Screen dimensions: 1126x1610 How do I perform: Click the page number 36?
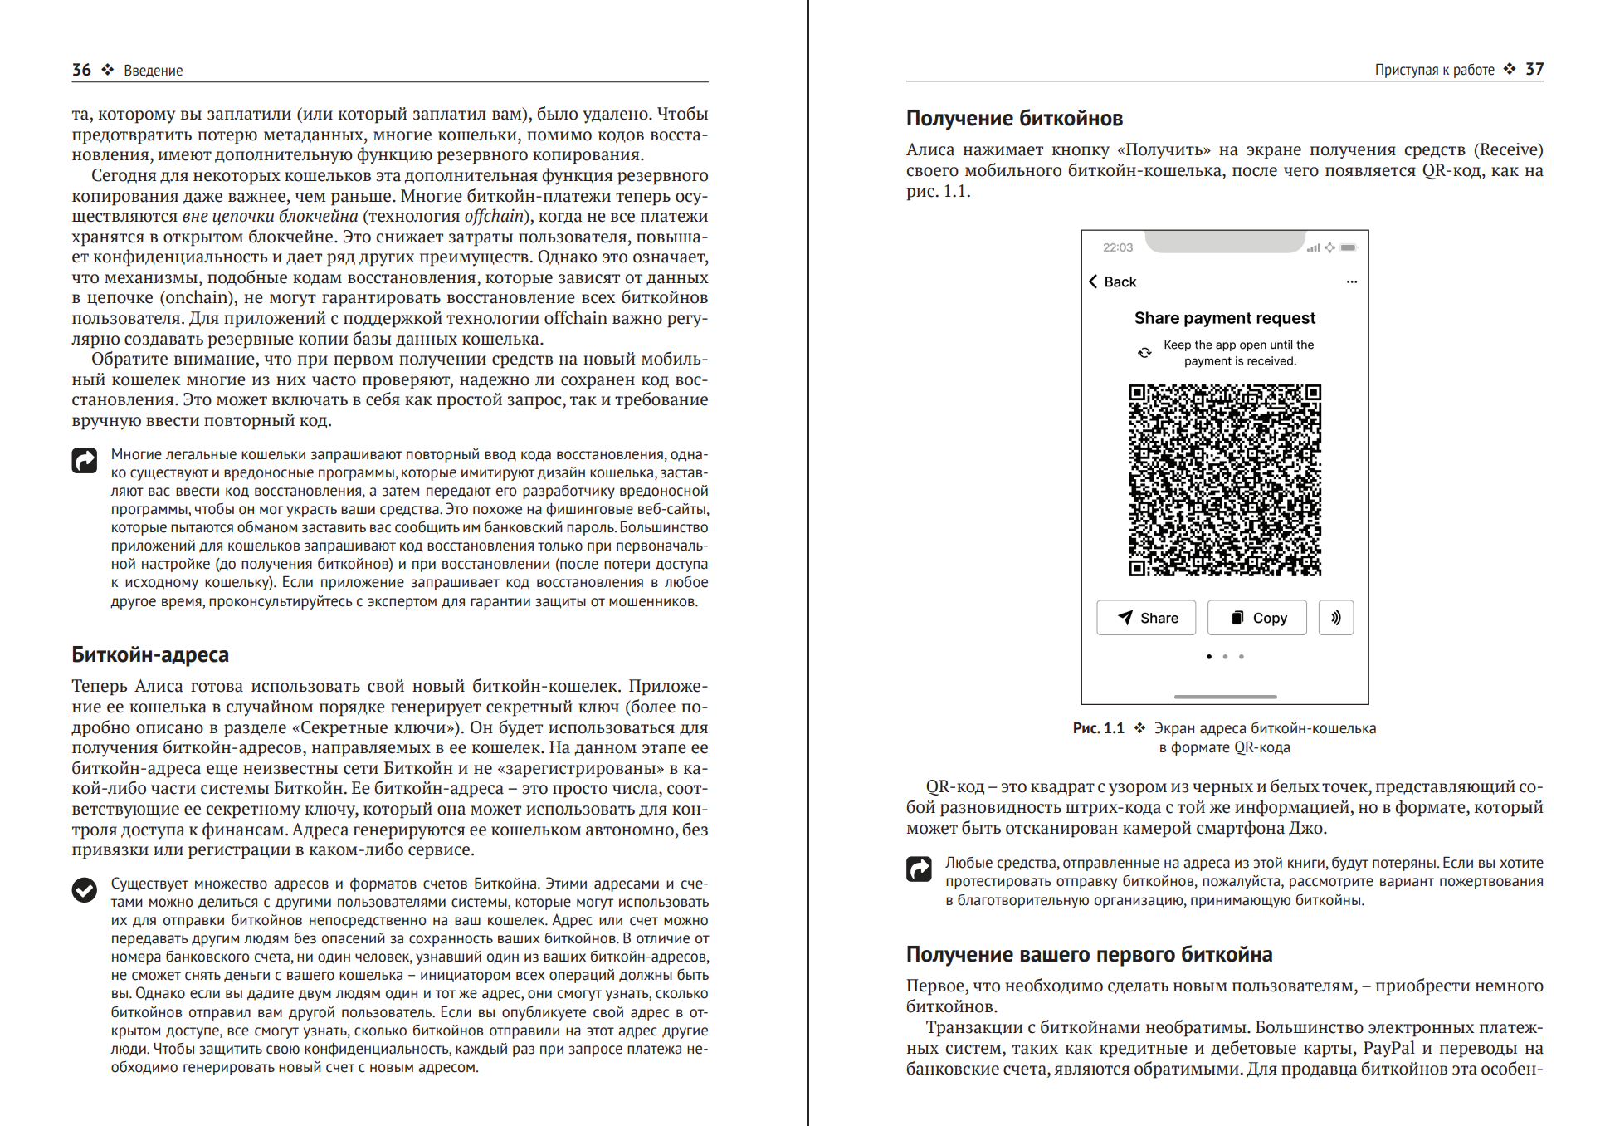[81, 70]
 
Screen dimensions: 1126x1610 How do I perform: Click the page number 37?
[1534, 69]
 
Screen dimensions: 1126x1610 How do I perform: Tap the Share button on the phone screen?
[1146, 618]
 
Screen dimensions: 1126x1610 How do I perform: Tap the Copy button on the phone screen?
[1257, 618]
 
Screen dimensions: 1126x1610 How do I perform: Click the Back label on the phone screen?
[1120, 282]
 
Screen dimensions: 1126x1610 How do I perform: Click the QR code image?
[1225, 480]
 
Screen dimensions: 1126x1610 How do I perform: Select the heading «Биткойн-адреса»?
[150, 654]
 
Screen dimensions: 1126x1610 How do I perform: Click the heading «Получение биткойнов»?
[1014, 119]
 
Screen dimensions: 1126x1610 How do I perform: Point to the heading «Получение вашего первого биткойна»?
[1089, 954]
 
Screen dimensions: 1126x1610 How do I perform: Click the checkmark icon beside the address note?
[85, 890]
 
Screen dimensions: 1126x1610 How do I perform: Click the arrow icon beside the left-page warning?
[85, 460]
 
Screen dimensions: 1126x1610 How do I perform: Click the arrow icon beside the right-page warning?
[919, 869]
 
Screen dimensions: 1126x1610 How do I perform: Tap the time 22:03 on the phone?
[1117, 247]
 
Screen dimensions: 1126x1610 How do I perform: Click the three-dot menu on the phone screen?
[1352, 281]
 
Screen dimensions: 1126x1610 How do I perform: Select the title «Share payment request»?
[1225, 318]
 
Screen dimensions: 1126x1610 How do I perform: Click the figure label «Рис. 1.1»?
[1098, 728]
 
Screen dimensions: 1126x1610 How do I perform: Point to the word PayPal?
[1388, 1048]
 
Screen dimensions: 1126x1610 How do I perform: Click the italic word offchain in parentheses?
[494, 216]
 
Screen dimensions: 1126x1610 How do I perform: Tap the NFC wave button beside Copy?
[1336, 618]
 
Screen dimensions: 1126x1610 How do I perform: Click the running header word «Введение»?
[154, 71]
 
